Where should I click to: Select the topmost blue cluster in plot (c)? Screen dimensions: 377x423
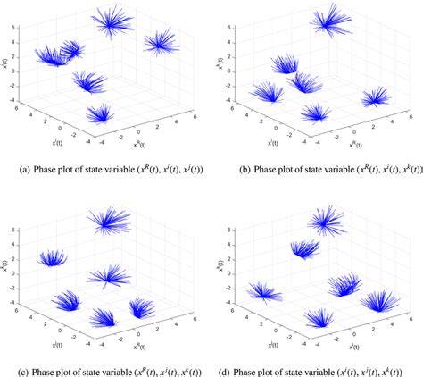point(108,220)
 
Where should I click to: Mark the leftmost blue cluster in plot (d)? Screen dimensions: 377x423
point(264,291)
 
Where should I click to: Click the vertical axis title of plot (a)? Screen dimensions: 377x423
point(6,64)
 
